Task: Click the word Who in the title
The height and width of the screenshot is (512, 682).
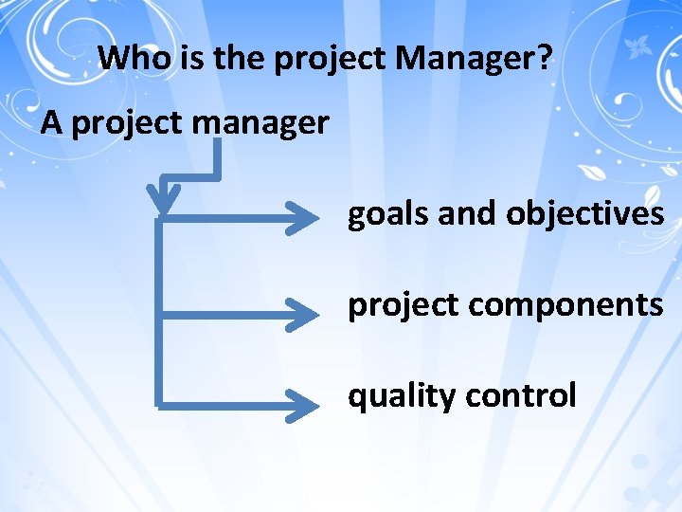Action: tap(133, 59)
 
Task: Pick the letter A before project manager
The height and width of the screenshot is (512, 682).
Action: tap(52, 123)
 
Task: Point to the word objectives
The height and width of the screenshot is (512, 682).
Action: tap(584, 215)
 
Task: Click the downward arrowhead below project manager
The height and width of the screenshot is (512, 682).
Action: tap(165, 197)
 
